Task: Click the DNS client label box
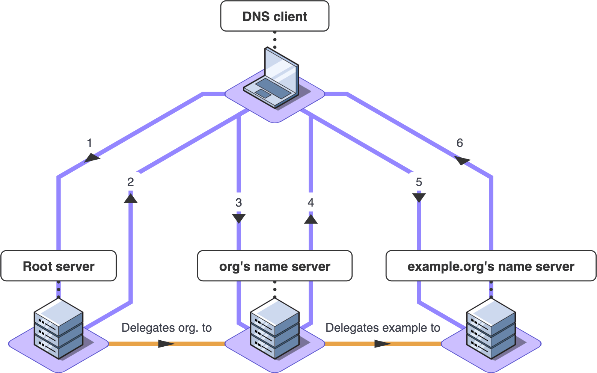point(274,16)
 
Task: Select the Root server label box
point(59,266)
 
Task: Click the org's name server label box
point(274,266)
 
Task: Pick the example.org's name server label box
point(491,266)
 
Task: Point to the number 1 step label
point(89,143)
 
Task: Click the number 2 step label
point(130,182)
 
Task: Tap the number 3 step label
point(238,203)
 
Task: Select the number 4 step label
point(311,203)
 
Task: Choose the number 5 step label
point(419,182)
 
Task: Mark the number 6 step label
point(460,143)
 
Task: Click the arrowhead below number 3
point(238,218)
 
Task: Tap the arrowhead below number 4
point(311,218)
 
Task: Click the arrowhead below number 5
point(419,197)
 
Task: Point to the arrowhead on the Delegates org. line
point(166,343)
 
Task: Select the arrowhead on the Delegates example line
point(383,343)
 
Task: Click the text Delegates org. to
point(166,328)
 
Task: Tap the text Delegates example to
point(383,328)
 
